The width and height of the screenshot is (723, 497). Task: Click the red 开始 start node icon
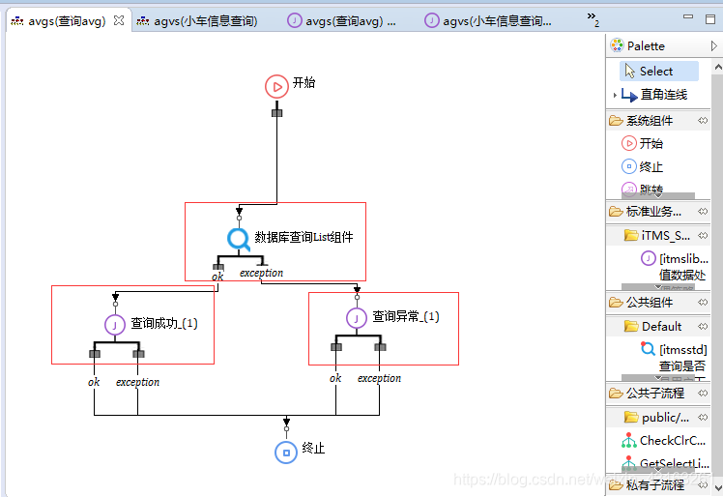pyautogui.click(x=276, y=86)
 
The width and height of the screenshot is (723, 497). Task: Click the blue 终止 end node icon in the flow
pyautogui.click(x=285, y=452)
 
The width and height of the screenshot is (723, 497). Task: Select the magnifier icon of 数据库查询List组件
pyautogui.click(x=239, y=238)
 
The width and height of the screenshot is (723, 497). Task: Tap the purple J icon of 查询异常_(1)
pyautogui.click(x=358, y=317)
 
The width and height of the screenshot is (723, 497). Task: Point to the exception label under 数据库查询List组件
pyautogui.click(x=261, y=273)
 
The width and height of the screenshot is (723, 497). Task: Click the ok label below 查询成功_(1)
pyautogui.click(x=94, y=382)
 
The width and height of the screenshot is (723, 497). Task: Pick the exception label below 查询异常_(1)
pyautogui.click(x=379, y=378)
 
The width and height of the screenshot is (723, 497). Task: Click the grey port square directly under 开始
pyautogui.click(x=276, y=113)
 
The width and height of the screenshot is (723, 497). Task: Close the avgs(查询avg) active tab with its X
pyautogui.click(x=119, y=20)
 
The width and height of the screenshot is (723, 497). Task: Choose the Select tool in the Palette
pyautogui.click(x=655, y=71)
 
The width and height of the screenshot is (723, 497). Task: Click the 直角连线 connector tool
pyautogui.click(x=663, y=95)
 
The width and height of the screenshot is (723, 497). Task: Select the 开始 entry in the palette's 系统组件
pyautogui.click(x=651, y=143)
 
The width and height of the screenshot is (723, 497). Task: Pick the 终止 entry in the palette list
pyautogui.click(x=651, y=166)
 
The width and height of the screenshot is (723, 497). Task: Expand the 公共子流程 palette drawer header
pyautogui.click(x=654, y=393)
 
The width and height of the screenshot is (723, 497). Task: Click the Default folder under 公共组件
pyautogui.click(x=661, y=326)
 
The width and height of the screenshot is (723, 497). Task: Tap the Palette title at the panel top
pyautogui.click(x=646, y=45)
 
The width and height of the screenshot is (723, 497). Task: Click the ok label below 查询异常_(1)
pyautogui.click(x=335, y=378)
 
